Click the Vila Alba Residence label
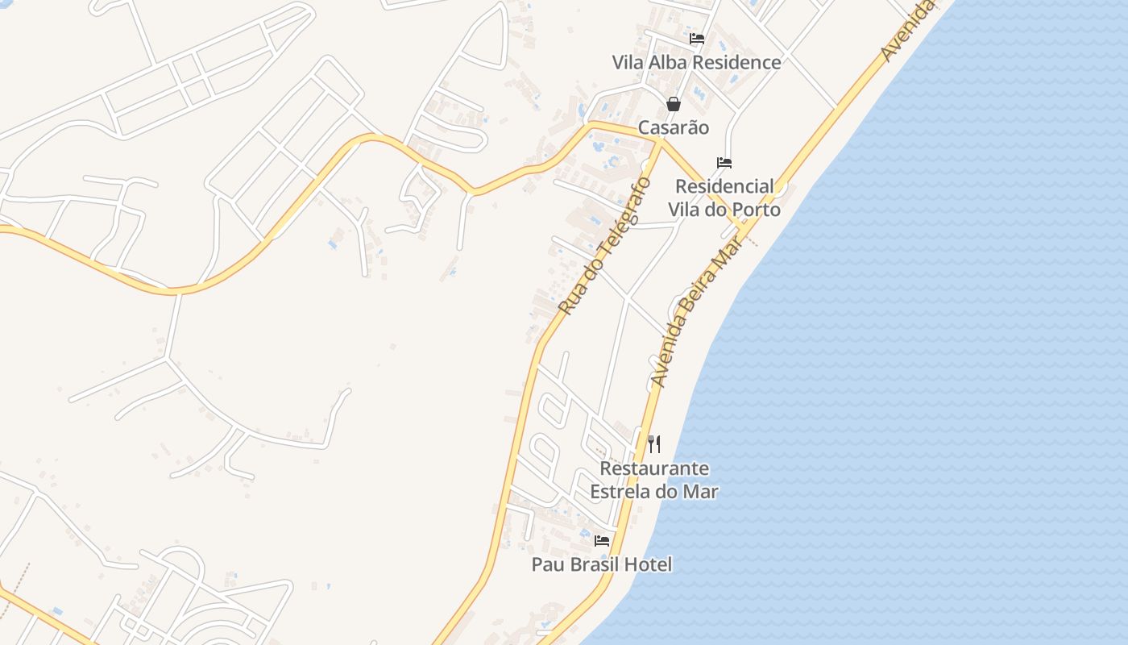696,63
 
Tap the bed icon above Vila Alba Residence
697,38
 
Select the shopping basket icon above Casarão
674,104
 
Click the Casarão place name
674,127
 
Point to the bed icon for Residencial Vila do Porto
724,163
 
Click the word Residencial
724,186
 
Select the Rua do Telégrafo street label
604,245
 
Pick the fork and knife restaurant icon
654,443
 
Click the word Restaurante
654,468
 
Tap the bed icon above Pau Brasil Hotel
602,540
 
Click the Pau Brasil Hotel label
601,564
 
